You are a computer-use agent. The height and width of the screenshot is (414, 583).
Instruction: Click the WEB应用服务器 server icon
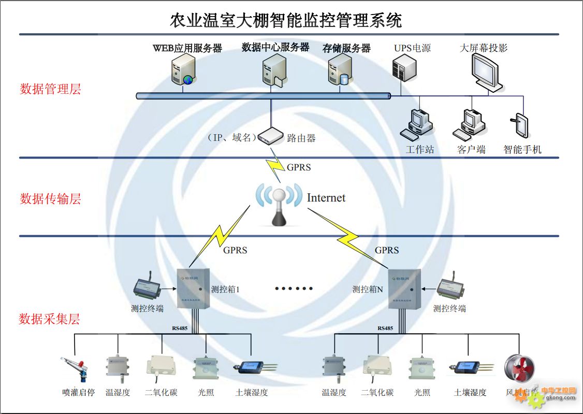coord(184,69)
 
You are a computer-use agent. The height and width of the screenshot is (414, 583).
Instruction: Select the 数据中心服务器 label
coord(275,48)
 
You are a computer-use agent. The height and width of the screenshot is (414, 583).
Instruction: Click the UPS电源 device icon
coord(404,68)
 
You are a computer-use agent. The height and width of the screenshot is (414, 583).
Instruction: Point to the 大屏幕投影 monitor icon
coord(487,72)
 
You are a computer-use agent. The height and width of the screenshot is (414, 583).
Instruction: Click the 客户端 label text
coord(471,150)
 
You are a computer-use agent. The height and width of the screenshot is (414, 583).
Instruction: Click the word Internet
coord(326,198)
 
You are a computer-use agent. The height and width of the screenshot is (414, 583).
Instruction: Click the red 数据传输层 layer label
coord(50,199)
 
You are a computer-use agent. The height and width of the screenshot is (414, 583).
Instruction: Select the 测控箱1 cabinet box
coord(194,288)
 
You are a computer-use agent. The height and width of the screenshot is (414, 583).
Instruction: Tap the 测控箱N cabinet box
coord(404,288)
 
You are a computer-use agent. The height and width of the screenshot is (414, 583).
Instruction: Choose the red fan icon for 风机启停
coord(519,369)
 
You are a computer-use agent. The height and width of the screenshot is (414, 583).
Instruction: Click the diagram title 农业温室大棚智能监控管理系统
coord(286,21)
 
